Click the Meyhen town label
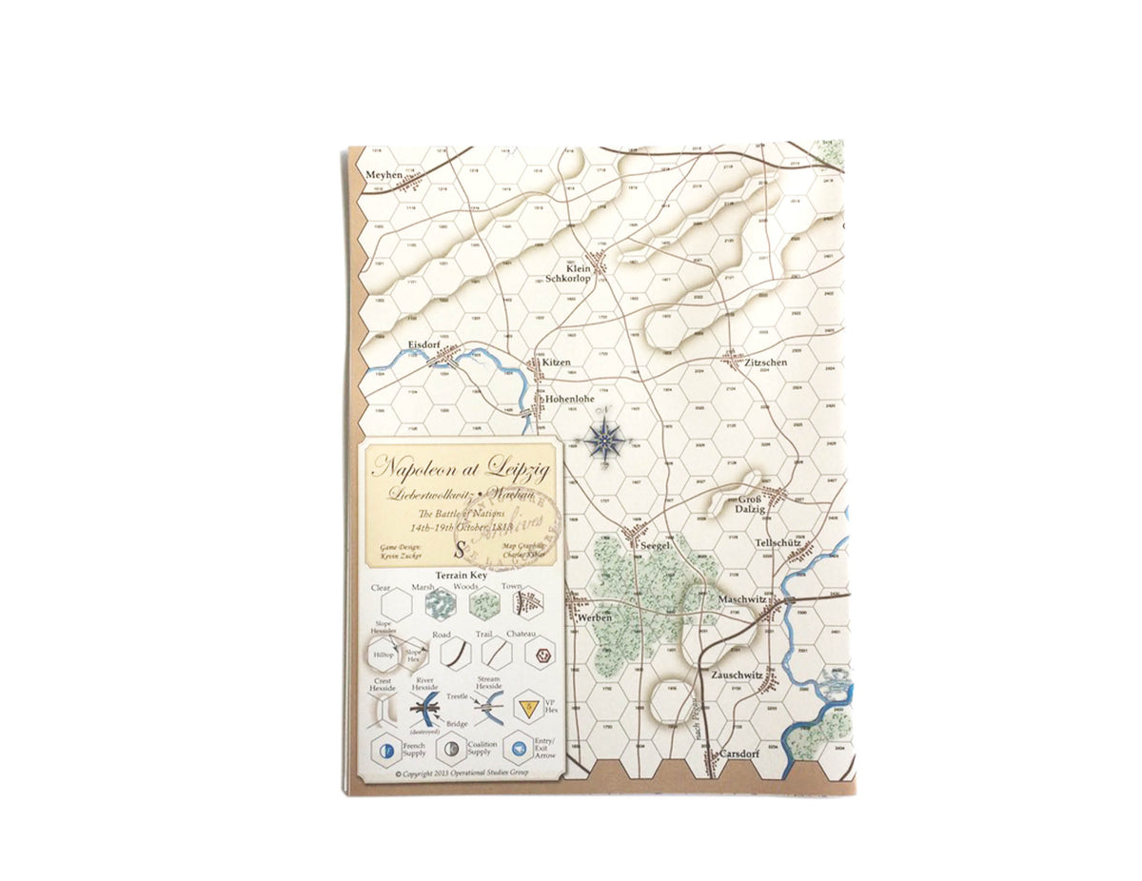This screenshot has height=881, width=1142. (x=384, y=174)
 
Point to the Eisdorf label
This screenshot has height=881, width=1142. (x=422, y=343)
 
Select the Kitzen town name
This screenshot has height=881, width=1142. (x=556, y=362)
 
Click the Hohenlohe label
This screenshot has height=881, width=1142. (x=569, y=400)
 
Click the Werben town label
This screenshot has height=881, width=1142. (x=595, y=617)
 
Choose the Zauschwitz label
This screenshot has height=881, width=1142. (x=738, y=675)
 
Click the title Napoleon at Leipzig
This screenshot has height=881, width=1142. (x=461, y=466)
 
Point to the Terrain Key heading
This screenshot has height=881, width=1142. (x=462, y=577)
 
